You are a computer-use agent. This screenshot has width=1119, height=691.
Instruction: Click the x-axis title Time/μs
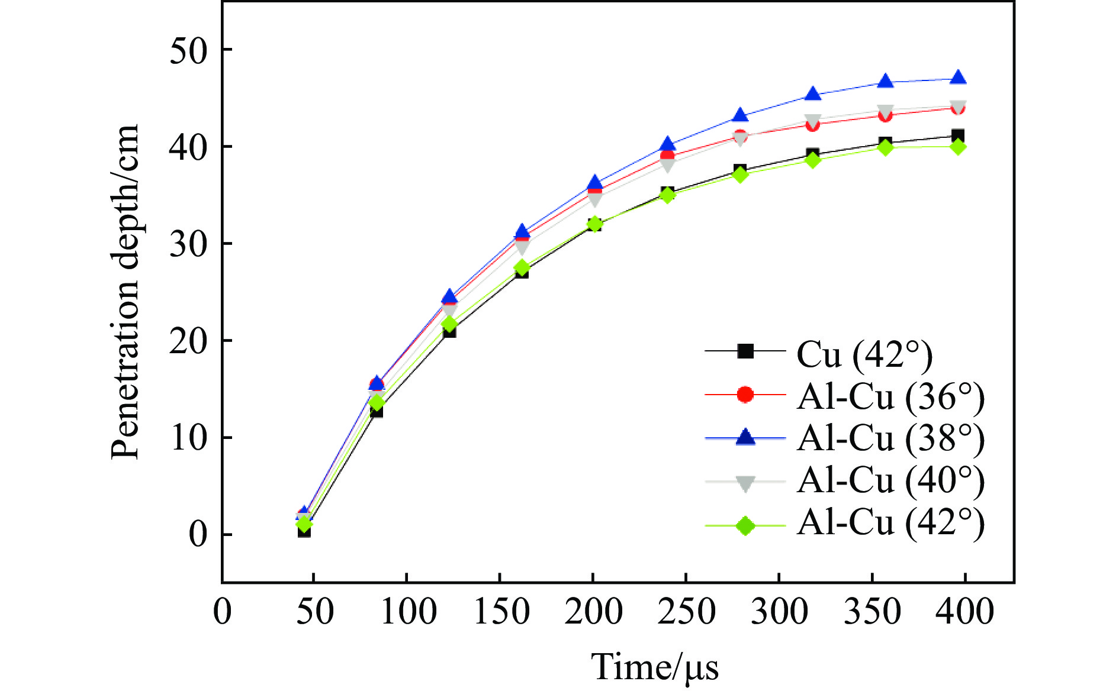[655, 667]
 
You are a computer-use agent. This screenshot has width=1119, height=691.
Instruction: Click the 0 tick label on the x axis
[223, 612]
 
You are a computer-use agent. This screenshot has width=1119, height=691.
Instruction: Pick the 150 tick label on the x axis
[501, 612]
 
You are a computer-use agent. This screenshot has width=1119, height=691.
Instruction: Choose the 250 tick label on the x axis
[687, 612]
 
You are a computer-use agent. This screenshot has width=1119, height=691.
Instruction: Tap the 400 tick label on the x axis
[965, 612]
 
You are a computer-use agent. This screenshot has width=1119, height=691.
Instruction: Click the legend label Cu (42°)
[864, 354]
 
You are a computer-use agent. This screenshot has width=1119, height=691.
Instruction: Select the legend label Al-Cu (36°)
[890, 396]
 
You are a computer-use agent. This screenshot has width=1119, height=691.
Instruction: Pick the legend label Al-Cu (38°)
[890, 438]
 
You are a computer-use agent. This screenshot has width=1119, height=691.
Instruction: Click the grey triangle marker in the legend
[745, 483]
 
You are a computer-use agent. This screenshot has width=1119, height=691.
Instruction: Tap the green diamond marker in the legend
[745, 525]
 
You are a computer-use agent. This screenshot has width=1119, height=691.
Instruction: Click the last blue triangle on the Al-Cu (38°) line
[958, 79]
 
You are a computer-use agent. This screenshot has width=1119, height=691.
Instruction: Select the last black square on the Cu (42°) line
[958, 135]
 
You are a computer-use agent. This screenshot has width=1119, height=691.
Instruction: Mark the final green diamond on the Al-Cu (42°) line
[958, 147]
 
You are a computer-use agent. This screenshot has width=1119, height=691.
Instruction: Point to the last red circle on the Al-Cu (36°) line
[958, 108]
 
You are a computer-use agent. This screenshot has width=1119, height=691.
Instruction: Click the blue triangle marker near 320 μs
[813, 94]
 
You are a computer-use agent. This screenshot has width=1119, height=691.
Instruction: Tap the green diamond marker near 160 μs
[522, 268]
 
